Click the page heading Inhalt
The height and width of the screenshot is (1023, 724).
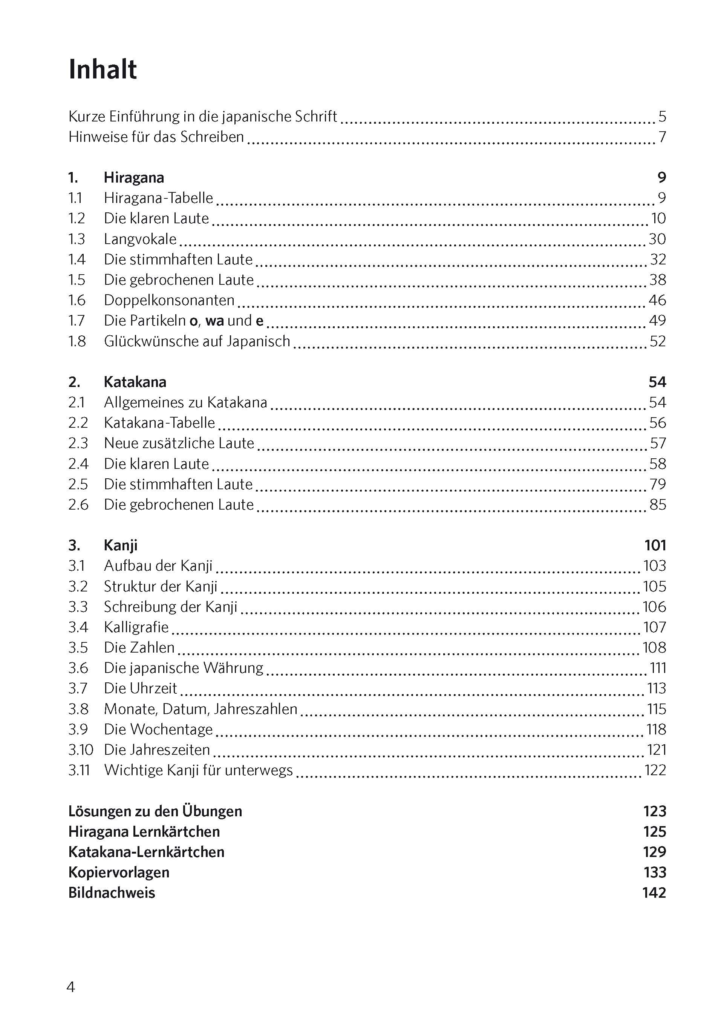coord(103,70)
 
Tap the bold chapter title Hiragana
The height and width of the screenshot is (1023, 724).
coord(134,178)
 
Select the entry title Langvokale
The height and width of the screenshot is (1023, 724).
coord(140,239)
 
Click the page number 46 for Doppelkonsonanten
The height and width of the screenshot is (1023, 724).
coord(657,300)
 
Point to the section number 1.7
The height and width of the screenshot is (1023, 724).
coord(77,320)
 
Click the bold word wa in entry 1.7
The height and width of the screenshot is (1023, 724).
coord(214,321)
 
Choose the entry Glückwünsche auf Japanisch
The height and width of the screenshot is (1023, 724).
coord(197,341)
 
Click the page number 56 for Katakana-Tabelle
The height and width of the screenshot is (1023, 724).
coord(657,422)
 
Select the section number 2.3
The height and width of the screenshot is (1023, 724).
coord(78,443)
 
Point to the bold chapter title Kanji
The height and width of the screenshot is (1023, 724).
coord(120,545)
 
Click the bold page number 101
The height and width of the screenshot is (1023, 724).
coord(655,545)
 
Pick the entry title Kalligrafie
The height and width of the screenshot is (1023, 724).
coord(136,627)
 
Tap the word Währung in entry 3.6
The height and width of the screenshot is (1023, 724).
coord(233,668)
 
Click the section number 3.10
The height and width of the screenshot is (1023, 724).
coord(80,750)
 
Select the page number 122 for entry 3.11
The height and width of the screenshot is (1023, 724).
coord(655,770)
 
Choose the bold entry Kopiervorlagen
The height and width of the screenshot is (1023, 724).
coord(119,872)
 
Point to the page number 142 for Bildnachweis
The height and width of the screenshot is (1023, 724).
coord(654,893)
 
